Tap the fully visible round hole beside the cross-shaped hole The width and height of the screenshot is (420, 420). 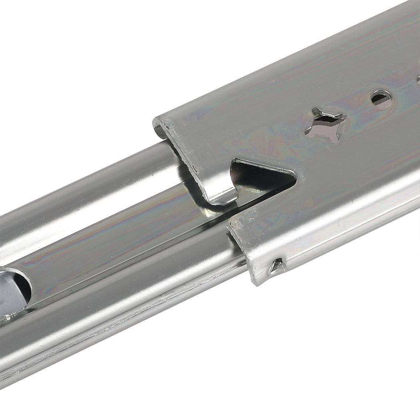click(x=382, y=98)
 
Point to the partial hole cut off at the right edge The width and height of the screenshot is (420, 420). click(x=418, y=79)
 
